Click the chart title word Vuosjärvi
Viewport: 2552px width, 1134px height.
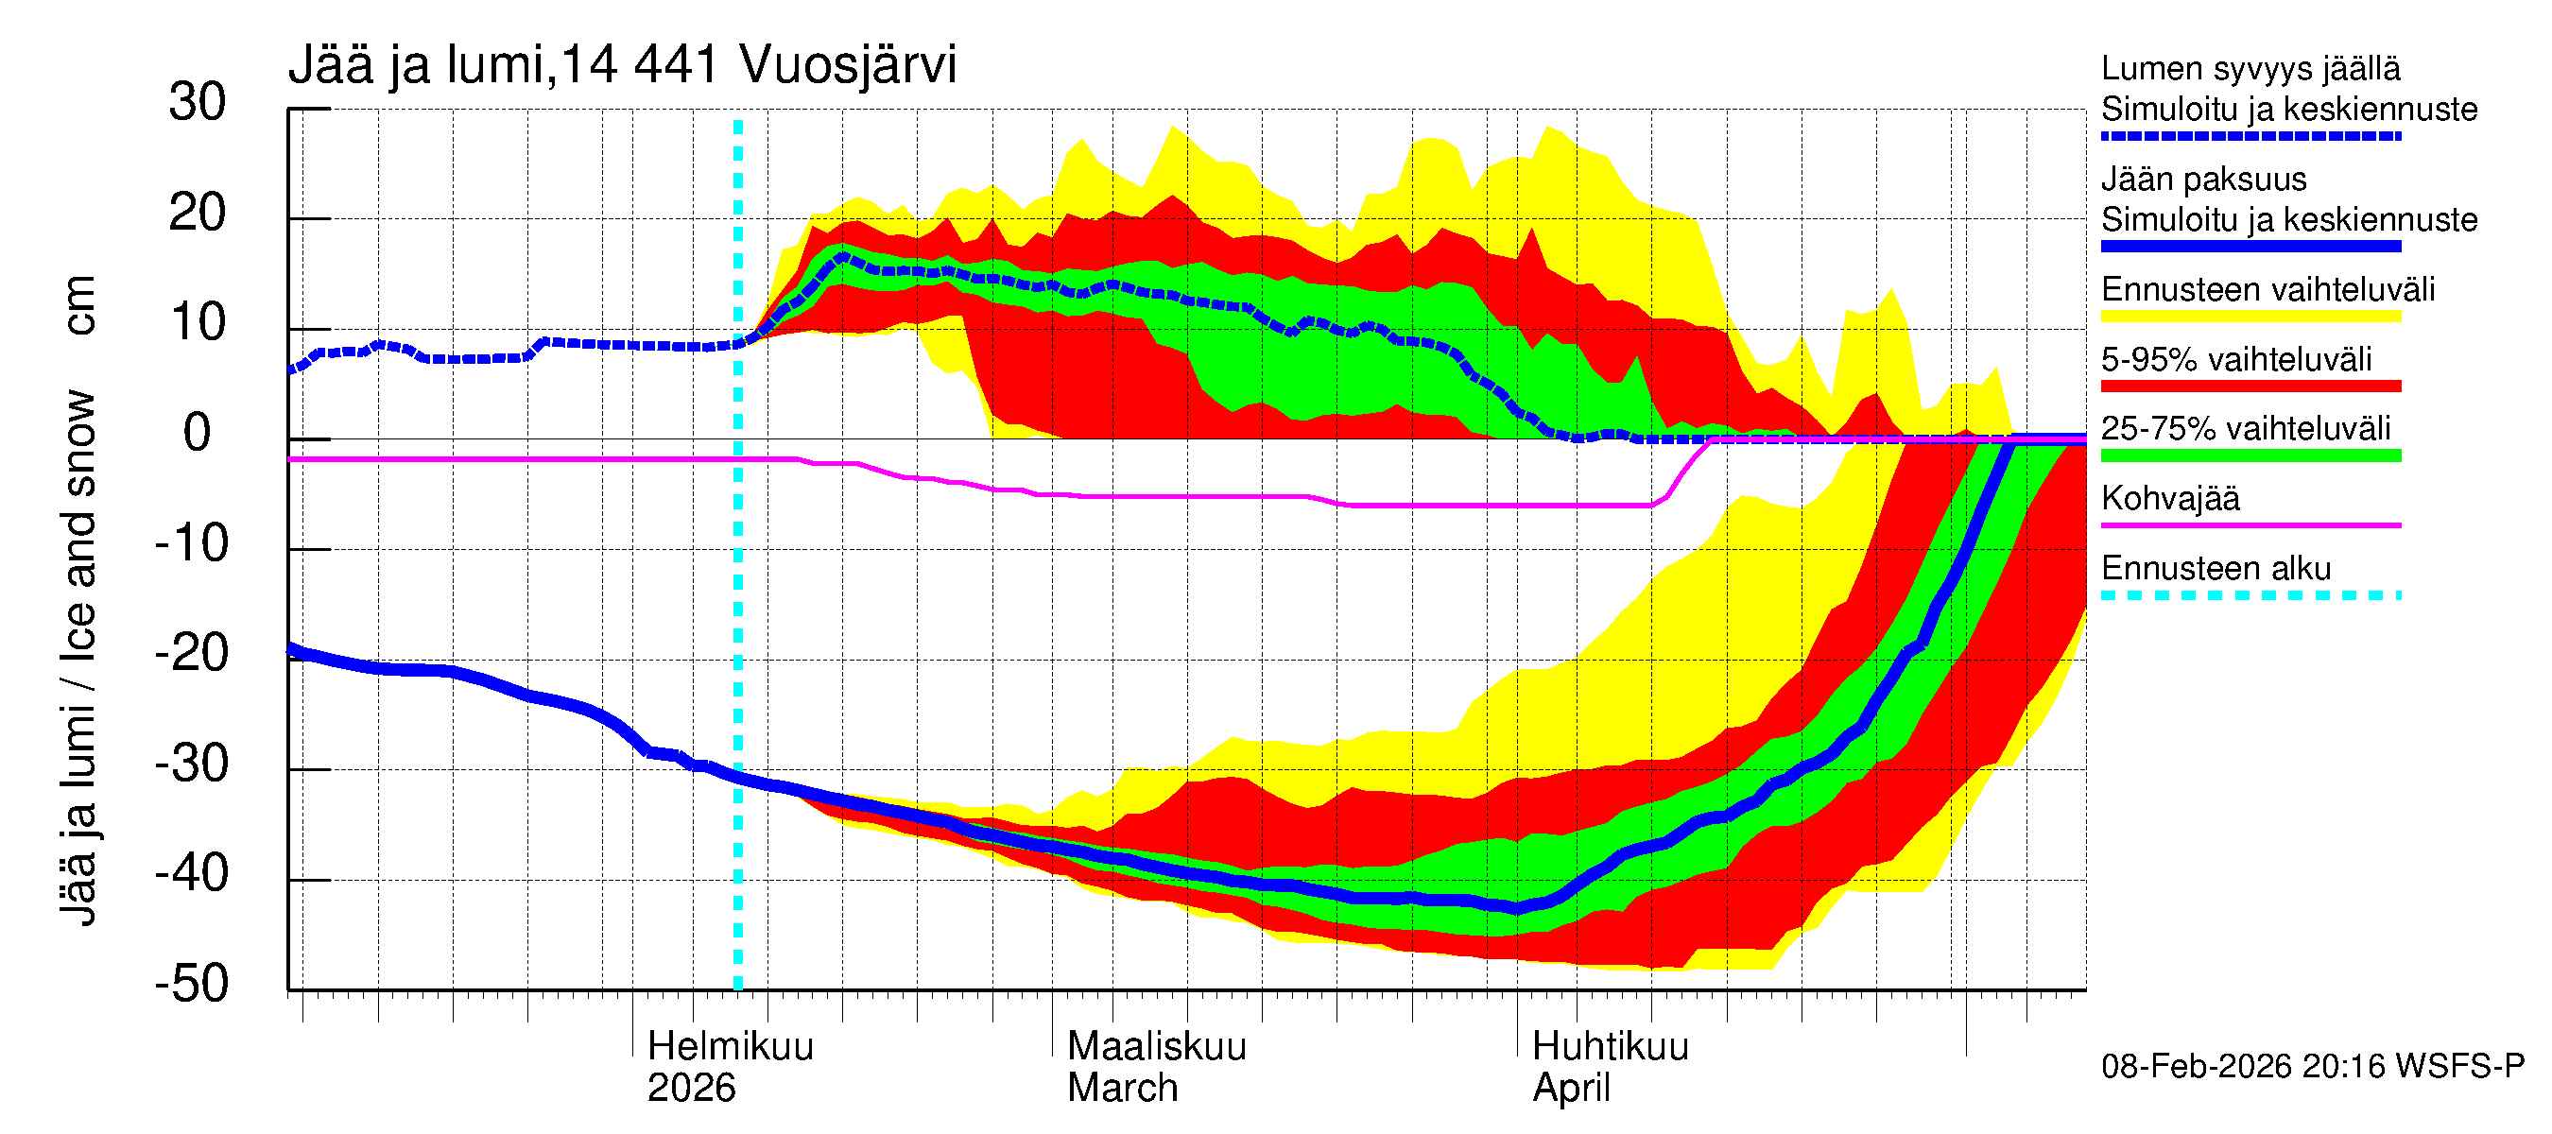(x=847, y=65)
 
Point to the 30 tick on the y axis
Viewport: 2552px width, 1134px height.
(x=198, y=102)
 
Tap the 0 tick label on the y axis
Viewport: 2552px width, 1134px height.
(x=198, y=433)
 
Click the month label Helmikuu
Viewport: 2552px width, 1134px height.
(x=730, y=1047)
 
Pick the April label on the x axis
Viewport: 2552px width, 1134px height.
(x=1571, y=1089)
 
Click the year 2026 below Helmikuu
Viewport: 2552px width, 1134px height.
(x=691, y=1089)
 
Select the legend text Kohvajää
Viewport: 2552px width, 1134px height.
(x=2169, y=498)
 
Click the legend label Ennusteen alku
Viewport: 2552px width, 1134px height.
(x=2216, y=569)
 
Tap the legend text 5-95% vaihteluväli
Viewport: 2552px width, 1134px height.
(x=2236, y=359)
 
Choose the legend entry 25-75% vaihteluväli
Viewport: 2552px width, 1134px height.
(x=2245, y=429)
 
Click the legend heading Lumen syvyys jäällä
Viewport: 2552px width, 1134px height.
(x=2250, y=68)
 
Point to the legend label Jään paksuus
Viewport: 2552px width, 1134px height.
(x=2203, y=180)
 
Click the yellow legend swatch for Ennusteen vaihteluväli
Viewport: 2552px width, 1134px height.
(x=2250, y=317)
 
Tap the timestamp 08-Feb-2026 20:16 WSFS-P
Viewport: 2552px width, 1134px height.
(x=2312, y=1067)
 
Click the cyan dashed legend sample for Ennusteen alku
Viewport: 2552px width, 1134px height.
(x=2250, y=595)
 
